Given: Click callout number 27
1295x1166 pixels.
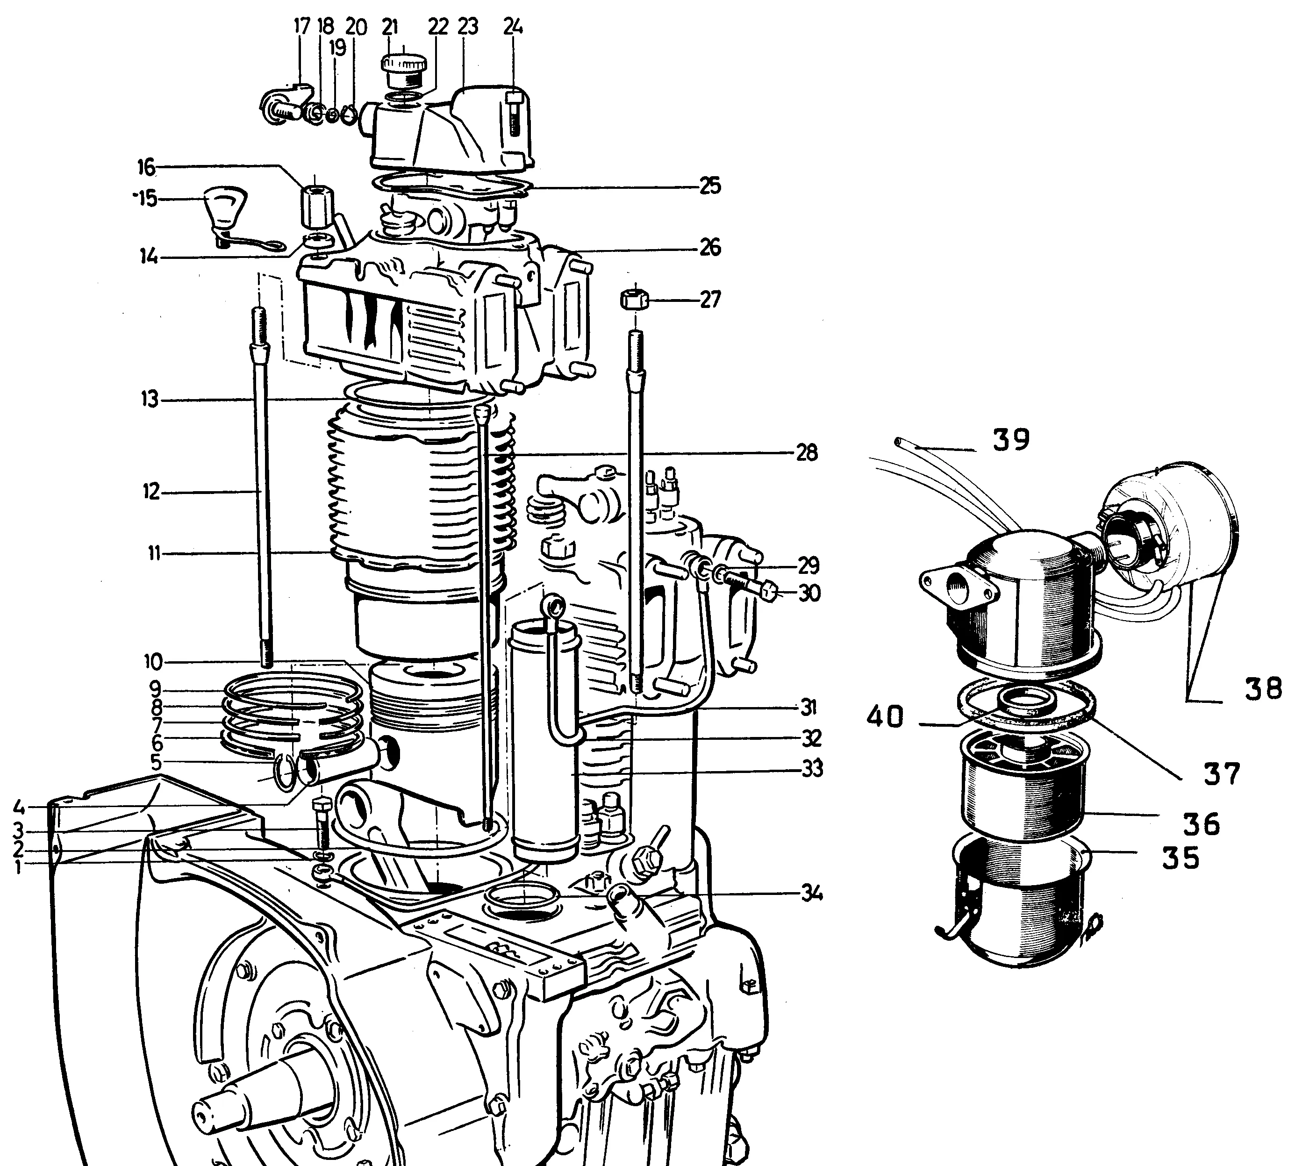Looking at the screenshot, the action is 710,299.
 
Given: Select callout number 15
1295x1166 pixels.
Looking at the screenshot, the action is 145,199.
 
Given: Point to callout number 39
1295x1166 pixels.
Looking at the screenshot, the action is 1011,439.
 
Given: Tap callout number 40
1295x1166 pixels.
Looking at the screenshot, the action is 885,716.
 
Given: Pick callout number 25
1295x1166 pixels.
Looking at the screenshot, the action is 709,186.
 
